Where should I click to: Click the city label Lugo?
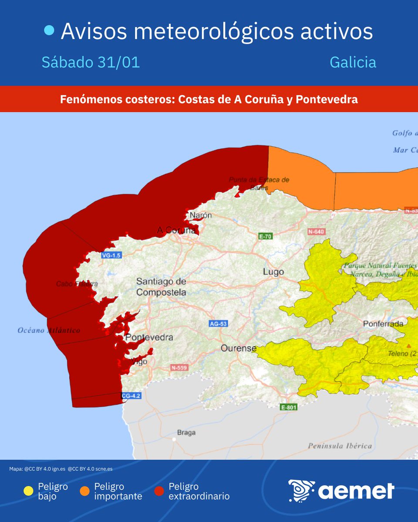tap(273, 272)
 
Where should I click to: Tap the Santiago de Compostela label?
tap(161, 287)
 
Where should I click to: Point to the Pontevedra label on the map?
tap(149, 337)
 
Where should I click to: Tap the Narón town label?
tap(201, 215)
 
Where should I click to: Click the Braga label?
tap(186, 432)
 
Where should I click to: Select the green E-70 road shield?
tap(265, 237)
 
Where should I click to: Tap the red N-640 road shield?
tap(316, 231)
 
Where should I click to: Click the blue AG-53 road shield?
tap(219, 324)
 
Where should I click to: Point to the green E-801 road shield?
tap(289, 407)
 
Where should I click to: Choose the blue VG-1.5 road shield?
tap(111, 255)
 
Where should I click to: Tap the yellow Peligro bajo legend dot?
tap(28, 492)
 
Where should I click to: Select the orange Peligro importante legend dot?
tap(84, 492)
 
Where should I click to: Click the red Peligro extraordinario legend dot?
tap(159, 492)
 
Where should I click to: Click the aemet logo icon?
tap(301, 491)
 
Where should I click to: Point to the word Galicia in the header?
tap(353, 62)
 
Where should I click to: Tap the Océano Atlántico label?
tap(49, 331)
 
